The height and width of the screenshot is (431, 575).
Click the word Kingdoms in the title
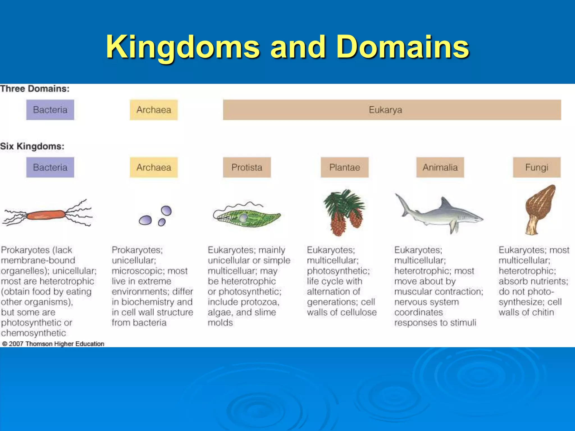tap(183, 47)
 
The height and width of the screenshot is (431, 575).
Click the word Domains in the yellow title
tap(403, 47)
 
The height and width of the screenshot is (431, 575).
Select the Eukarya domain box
tap(392, 110)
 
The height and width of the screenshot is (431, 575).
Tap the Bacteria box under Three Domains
tap(50, 110)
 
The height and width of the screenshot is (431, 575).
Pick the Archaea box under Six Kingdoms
tap(154, 168)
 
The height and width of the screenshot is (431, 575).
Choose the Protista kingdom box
tap(247, 168)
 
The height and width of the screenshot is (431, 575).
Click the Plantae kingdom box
tap(344, 168)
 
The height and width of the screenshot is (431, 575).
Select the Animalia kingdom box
tap(440, 168)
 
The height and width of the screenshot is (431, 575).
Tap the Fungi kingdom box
tap(537, 168)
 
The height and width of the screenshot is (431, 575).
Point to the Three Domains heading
tap(35, 89)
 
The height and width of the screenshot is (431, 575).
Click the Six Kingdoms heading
tap(32, 146)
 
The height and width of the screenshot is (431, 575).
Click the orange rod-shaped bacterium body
tap(46, 215)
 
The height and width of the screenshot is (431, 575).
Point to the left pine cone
tap(338, 224)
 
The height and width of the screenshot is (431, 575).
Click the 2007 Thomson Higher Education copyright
tap(53, 344)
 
